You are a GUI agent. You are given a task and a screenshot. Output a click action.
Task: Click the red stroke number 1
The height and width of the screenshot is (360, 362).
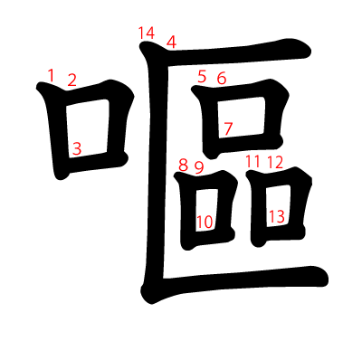(51, 74)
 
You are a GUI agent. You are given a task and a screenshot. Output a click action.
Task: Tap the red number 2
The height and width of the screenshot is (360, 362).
(71, 81)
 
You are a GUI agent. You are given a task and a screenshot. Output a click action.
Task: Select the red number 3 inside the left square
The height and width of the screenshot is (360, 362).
(77, 148)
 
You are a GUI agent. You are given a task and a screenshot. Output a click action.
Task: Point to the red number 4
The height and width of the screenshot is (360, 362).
(172, 42)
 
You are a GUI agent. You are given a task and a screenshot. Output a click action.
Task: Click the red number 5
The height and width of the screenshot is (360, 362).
(202, 76)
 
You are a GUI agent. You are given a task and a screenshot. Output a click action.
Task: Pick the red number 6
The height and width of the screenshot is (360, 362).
(221, 78)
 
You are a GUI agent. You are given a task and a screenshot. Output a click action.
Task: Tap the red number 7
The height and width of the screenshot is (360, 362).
(228, 128)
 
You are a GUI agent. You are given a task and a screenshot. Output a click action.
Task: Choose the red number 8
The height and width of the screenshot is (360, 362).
(183, 166)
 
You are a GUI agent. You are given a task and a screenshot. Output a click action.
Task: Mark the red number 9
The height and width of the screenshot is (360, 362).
(199, 167)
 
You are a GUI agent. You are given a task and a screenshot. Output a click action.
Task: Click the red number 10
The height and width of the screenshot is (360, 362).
(205, 221)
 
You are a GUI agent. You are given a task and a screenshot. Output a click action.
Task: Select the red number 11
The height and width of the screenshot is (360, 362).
(252, 162)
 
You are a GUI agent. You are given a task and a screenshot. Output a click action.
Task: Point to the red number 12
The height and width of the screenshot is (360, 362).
(275, 163)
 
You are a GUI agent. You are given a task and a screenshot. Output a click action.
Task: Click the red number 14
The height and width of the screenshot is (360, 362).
(147, 33)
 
